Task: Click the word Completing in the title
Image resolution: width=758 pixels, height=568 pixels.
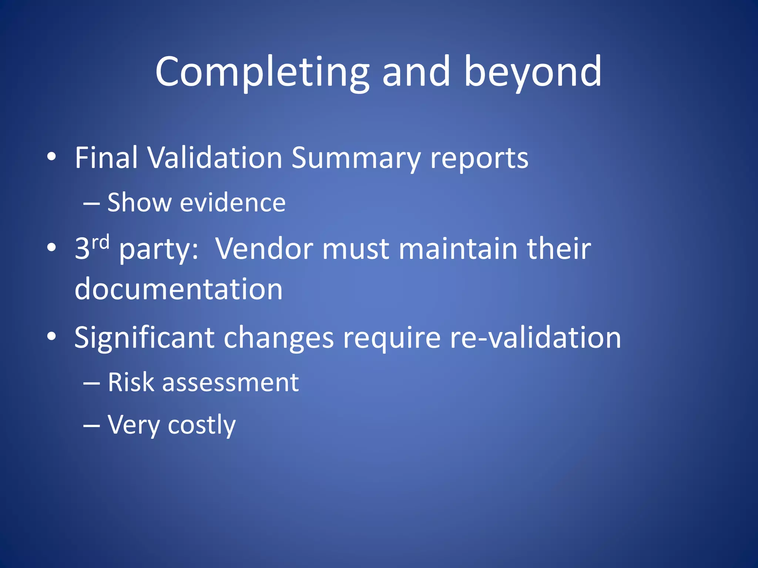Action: pos(262,72)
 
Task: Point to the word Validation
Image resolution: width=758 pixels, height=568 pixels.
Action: pos(215,158)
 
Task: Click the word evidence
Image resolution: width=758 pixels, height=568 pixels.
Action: pos(232,203)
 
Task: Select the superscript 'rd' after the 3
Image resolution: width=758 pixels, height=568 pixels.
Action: pos(100,242)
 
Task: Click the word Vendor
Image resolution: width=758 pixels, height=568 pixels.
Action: pos(264,248)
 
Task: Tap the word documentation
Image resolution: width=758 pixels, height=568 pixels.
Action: pos(178,289)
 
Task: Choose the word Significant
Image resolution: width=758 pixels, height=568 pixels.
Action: pos(144,338)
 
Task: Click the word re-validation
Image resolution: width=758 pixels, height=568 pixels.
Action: pos(535,337)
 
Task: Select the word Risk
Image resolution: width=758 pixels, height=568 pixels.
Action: pos(130,382)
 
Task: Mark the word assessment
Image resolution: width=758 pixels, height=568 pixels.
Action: pos(230,383)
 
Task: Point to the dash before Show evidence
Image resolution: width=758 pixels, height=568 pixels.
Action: pos(91,203)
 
